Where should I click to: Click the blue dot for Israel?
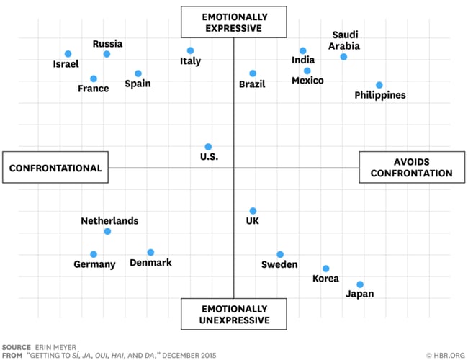coord(68,54)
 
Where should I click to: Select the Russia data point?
coord(107,54)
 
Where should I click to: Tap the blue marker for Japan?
coord(360,284)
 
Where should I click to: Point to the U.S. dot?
coord(208,147)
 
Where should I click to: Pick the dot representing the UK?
coord(253,211)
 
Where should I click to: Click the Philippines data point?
coord(379,85)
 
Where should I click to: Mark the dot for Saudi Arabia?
coord(343,57)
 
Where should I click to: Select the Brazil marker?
coord(253,73)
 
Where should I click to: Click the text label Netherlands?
coord(109,221)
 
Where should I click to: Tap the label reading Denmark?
coord(150,263)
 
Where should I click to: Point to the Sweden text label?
coord(280,265)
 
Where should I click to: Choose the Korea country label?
coord(325,279)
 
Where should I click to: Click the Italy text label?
coord(190,61)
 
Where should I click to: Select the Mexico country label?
coord(307,81)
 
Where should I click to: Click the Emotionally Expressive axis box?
coord(233,22)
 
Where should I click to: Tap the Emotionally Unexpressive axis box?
coord(233,313)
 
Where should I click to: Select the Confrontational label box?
coord(55,168)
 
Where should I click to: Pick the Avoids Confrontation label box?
coord(413,168)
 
